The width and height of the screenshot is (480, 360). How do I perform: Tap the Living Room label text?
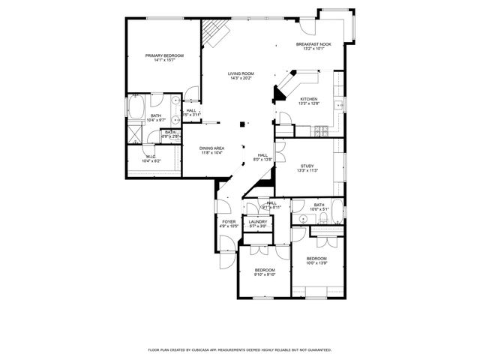point(241,73)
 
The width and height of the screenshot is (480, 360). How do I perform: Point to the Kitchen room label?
point(309,100)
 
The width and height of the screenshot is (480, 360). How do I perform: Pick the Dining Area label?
point(211,148)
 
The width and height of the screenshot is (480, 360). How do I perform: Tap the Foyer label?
point(229,222)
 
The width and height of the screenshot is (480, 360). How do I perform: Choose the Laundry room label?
point(258,222)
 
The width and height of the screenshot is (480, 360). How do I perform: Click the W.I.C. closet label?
point(151,157)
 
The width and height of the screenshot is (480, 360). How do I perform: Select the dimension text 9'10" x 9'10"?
point(265,274)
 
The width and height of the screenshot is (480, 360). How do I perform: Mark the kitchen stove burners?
point(321,130)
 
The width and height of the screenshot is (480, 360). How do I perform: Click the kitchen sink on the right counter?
point(339,105)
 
